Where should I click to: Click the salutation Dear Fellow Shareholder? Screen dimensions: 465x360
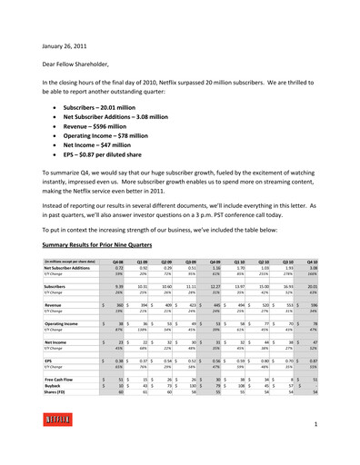pos(77,63)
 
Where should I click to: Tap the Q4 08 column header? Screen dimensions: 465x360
pos(115,260)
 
